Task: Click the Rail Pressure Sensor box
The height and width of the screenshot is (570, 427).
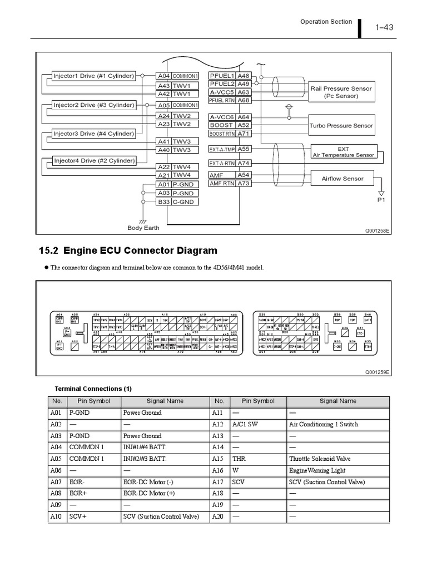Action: click(x=341, y=92)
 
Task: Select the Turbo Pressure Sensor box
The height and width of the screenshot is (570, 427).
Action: click(x=341, y=126)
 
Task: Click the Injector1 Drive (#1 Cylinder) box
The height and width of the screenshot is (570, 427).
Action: click(x=93, y=76)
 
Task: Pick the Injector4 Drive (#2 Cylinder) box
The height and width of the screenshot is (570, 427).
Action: click(x=94, y=161)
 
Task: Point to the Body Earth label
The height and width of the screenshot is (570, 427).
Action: click(x=143, y=228)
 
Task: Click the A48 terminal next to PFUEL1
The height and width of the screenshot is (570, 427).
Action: click(x=244, y=76)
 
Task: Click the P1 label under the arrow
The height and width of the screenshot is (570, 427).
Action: click(x=381, y=199)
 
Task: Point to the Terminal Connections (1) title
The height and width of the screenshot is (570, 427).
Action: click(x=93, y=389)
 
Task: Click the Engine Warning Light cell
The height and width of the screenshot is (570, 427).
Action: click(x=317, y=471)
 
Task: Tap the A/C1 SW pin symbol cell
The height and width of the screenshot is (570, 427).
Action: click(x=245, y=424)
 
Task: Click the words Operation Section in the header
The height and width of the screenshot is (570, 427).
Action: click(x=326, y=22)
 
